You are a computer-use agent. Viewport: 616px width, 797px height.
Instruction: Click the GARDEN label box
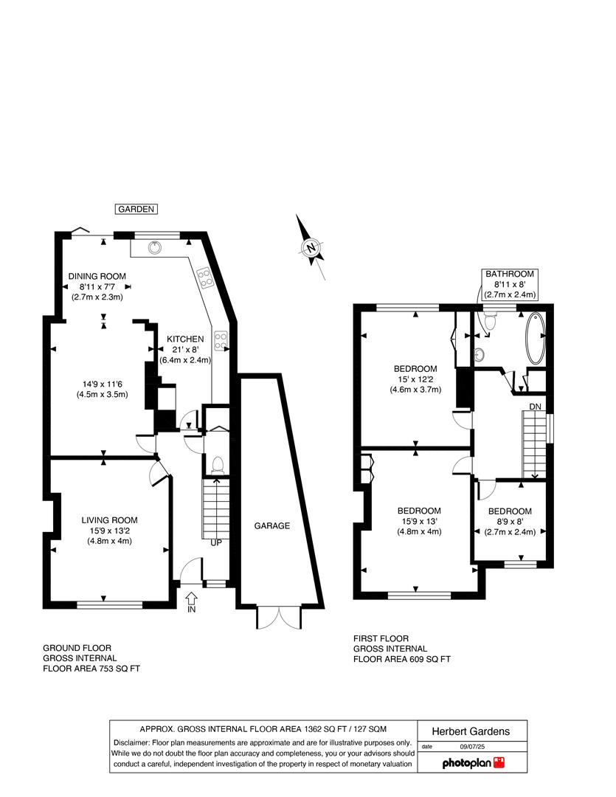click(x=136, y=209)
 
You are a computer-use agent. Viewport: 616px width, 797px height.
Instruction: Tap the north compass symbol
click(x=312, y=246)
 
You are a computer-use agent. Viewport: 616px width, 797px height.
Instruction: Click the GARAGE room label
click(x=271, y=526)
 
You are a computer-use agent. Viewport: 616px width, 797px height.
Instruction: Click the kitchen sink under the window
click(x=155, y=247)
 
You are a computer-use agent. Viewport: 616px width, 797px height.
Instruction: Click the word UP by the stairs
click(x=216, y=543)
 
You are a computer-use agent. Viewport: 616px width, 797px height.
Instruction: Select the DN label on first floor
click(x=535, y=407)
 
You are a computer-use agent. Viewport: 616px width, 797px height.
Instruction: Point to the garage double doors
click(x=280, y=618)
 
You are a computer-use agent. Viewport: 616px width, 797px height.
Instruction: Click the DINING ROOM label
click(x=97, y=276)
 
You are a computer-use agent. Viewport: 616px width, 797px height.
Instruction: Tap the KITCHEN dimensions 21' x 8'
click(x=185, y=349)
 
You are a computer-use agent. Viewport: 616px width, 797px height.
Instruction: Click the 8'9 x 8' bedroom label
click(x=509, y=522)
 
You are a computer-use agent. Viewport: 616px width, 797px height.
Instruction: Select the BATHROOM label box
click(x=509, y=284)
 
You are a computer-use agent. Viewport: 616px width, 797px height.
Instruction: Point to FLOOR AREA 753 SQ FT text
click(x=91, y=669)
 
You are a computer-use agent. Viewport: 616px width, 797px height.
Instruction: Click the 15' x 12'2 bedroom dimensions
click(x=415, y=379)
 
